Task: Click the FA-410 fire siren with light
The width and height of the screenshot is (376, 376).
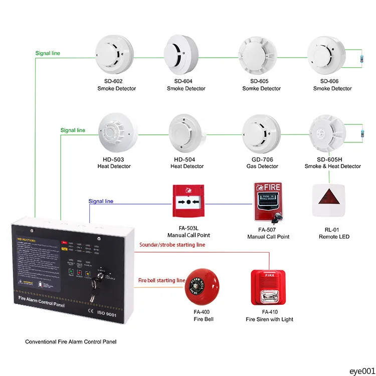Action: tap(268, 288)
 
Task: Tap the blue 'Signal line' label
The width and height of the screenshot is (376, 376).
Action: tap(101, 202)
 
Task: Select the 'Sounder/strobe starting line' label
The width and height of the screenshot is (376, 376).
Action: tap(172, 245)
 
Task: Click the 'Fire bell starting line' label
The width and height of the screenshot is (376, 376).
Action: tap(162, 281)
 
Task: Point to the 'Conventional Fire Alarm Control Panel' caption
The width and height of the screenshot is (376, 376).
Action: tap(71, 342)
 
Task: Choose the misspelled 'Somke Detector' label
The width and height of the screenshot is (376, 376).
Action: tap(261, 89)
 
